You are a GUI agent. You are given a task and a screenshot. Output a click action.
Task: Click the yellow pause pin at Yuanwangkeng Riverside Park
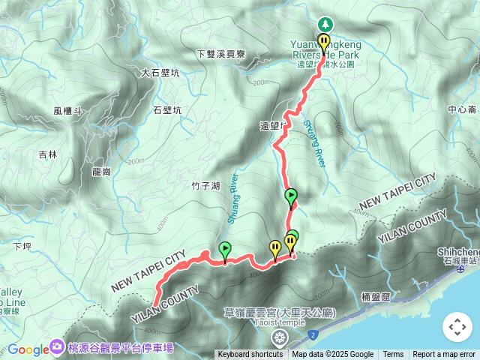[324, 42]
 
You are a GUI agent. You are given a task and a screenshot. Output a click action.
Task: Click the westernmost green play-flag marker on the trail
[225, 250]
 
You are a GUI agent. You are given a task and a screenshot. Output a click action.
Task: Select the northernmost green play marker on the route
[291, 197]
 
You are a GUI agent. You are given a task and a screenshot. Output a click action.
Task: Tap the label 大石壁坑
[160, 73]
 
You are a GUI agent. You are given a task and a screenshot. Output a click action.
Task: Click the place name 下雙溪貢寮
[220, 54]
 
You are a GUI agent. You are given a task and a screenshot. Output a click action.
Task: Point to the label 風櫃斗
[67, 111]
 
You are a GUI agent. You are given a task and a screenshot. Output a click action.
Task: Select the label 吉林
[47, 155]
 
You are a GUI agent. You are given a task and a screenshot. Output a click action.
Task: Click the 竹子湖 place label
[205, 186]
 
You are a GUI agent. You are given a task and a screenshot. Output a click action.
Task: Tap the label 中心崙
[462, 109]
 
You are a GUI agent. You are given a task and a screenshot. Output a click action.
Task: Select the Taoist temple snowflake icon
[280, 336]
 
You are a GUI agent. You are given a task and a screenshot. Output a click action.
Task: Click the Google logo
[28, 349]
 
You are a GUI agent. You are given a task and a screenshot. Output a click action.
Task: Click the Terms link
[393, 355]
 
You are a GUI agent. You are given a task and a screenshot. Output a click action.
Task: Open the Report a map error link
[444, 355]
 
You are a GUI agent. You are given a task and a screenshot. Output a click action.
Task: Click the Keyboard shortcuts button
[250, 355]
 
